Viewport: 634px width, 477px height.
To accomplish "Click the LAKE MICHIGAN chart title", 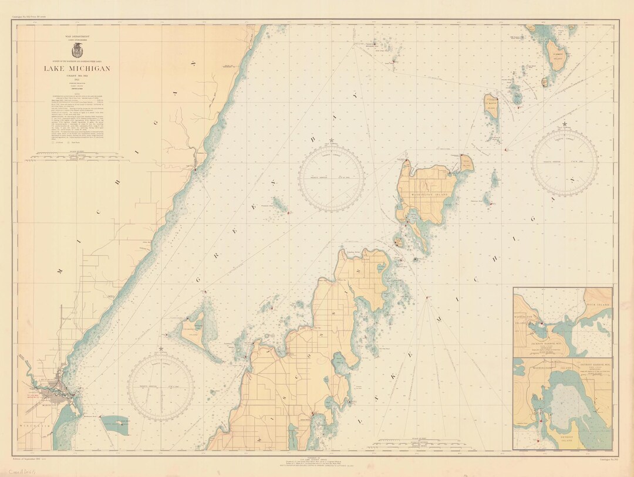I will point(76,69).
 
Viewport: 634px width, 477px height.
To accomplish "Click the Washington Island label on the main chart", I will point(433,194).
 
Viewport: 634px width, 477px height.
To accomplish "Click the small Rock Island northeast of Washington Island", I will point(466,161).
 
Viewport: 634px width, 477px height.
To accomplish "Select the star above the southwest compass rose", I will point(161,349).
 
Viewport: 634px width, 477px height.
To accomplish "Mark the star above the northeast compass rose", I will point(565,124).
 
